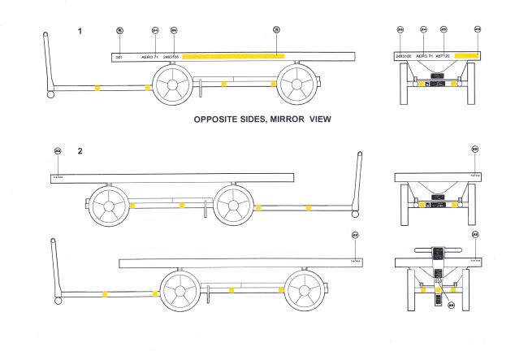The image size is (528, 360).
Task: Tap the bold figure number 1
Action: click(x=80, y=31)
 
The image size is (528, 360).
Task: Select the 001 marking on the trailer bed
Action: click(x=119, y=57)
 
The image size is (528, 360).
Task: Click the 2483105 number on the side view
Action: click(x=172, y=57)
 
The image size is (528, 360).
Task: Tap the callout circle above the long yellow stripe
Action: click(x=276, y=30)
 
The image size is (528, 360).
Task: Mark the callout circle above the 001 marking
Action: click(x=119, y=30)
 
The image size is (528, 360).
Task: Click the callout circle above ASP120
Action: click(x=444, y=30)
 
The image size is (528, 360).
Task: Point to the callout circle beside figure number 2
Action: click(x=57, y=150)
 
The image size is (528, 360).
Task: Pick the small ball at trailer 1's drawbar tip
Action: click(x=50, y=94)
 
